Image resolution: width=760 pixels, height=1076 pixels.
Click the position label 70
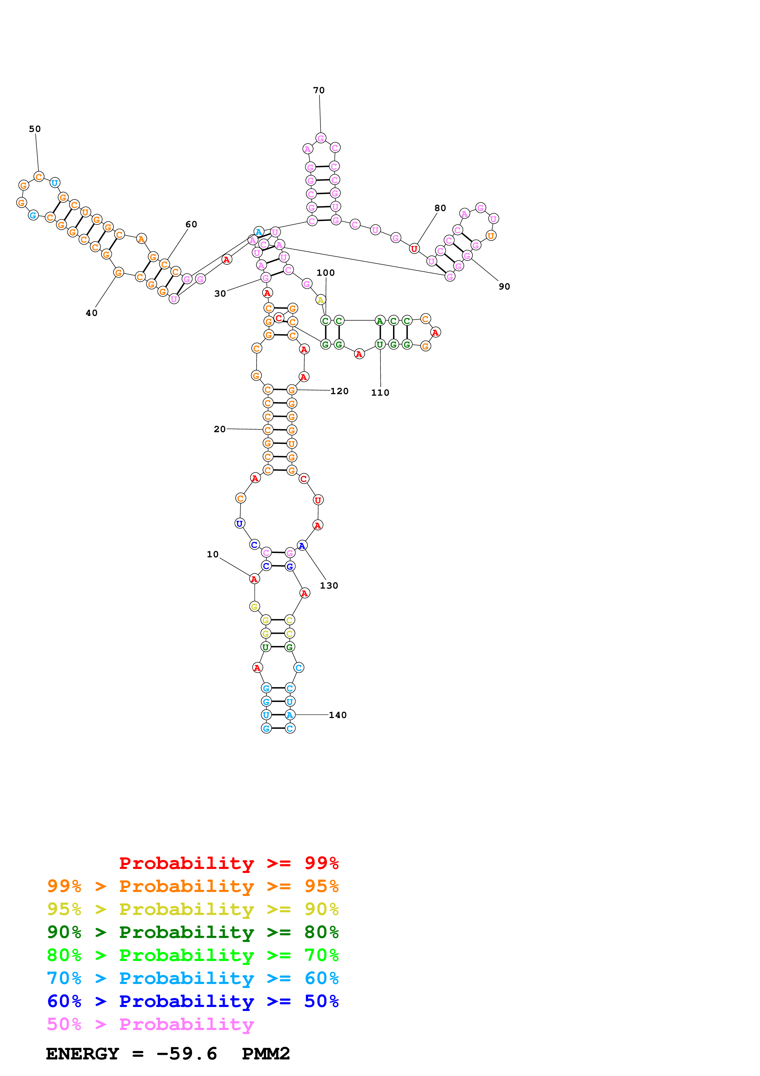[x=319, y=90]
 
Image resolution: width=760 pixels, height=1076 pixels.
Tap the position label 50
[x=35, y=129]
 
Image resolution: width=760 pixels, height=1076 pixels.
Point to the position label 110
[x=380, y=392]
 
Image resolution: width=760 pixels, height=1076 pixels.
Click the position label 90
[x=504, y=286]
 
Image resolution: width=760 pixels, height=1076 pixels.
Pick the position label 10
[x=212, y=554]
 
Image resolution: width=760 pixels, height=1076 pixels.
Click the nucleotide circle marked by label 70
[x=321, y=138]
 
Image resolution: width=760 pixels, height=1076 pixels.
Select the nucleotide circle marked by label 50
[x=39, y=177]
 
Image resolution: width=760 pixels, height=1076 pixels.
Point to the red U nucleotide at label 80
[x=414, y=249]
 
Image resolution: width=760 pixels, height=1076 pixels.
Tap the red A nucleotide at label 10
[x=254, y=579]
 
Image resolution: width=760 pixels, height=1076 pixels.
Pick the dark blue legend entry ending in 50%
[x=193, y=1001]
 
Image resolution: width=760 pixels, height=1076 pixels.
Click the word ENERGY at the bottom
[x=82, y=1054]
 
